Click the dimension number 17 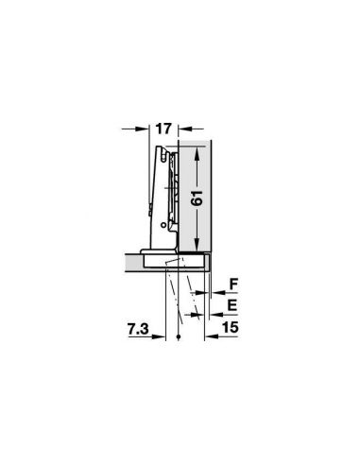(x=163, y=129)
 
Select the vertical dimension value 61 (x=197, y=198)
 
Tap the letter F (x=233, y=284)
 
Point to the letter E (x=232, y=305)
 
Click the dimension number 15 (x=231, y=327)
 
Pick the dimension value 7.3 (x=138, y=330)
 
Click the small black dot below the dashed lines (x=179, y=336)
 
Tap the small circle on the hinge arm (x=163, y=225)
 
